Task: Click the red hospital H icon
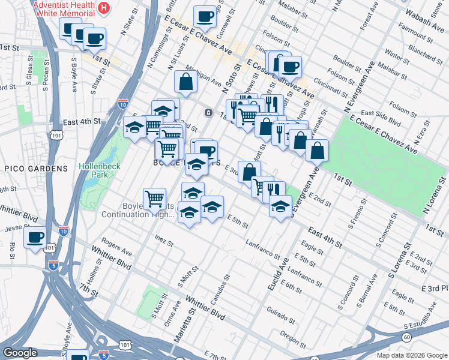[104, 8]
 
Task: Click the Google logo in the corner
[20, 353]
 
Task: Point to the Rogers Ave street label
[116, 246]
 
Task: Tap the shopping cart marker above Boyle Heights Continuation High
[155, 197]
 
